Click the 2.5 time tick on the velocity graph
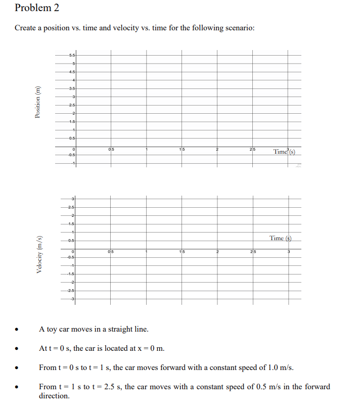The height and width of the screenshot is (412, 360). [x=253, y=252]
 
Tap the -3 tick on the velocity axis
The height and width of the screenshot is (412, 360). [x=73, y=300]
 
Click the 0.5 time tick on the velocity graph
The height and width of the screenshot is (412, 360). [x=111, y=252]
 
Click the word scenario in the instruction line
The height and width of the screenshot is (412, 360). [x=238, y=28]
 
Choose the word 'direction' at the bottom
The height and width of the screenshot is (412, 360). [x=54, y=396]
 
